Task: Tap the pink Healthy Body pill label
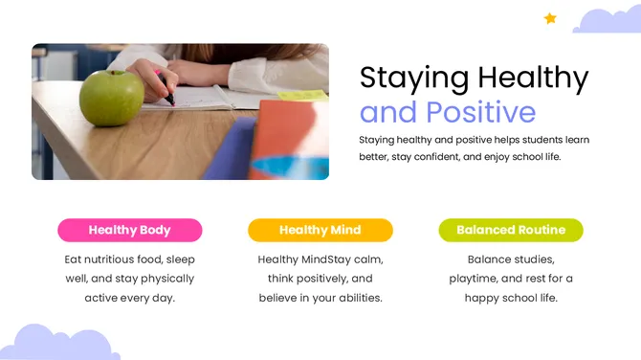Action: (129, 230)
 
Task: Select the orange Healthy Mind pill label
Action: (320, 230)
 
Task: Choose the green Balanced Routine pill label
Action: (510, 230)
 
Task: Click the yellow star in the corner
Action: (550, 18)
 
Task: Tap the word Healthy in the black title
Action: (534, 78)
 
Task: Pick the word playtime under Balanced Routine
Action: (473, 279)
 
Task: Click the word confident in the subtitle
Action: (433, 156)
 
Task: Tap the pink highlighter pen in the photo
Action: (165, 90)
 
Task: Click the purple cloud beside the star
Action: (607, 21)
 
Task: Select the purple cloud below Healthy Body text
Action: (57, 344)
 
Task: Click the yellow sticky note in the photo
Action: (304, 96)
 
